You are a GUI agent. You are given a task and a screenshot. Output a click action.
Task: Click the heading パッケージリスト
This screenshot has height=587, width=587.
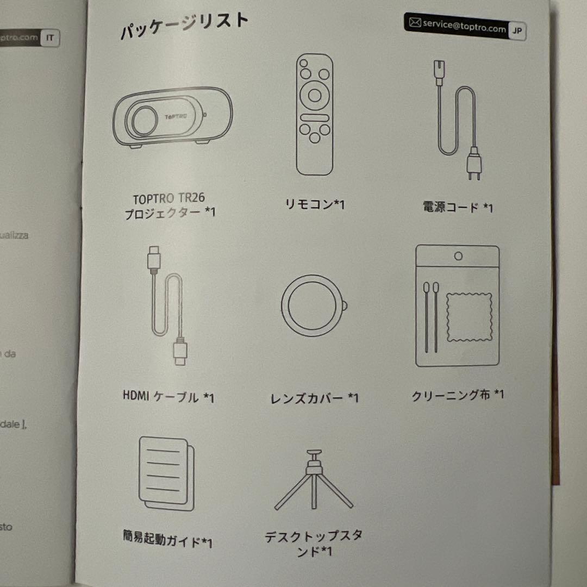pos(184,27)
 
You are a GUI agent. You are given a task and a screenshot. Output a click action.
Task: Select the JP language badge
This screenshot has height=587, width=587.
pos(517,31)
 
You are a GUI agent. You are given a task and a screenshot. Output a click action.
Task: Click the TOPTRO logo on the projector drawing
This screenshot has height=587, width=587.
pos(178,116)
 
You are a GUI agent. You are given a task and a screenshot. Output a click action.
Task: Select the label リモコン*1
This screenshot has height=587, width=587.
pos(315,204)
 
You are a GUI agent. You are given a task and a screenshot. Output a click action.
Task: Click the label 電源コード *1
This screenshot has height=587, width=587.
pos(458,208)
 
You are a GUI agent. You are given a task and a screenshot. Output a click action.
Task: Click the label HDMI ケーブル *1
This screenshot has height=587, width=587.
pos(168,397)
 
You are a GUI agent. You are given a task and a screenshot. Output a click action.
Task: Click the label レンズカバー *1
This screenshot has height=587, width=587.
pos(315,398)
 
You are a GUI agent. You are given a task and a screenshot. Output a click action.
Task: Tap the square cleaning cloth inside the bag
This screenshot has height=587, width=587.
pos(469,317)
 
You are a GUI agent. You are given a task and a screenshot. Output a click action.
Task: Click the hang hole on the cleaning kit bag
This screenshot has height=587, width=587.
pos(458,255)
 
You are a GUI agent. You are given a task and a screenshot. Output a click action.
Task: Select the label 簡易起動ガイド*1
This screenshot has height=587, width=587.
pos(167,541)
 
